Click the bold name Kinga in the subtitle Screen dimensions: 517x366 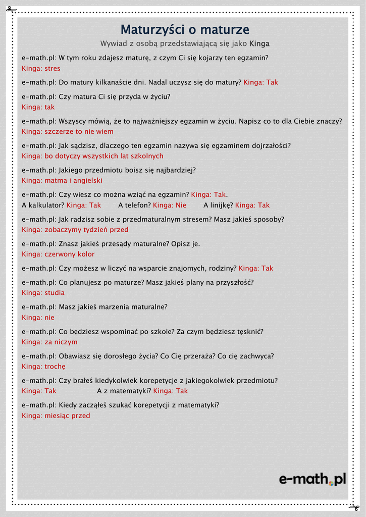(259, 43)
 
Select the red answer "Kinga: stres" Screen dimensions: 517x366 (41, 68)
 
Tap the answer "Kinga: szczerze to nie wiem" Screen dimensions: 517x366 (68, 131)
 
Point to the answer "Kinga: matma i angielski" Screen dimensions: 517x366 (62, 180)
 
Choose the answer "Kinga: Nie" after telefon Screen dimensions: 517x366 (170, 205)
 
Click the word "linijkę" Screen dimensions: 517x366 (221, 205)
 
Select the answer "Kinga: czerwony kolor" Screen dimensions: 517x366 (58, 254)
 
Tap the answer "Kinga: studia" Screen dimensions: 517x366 (43, 293)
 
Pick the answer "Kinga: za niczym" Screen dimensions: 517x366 (49, 342)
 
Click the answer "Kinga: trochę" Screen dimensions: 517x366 (43, 366)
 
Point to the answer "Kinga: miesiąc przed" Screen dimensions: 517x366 (56, 416)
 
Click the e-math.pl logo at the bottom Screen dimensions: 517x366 (312, 479)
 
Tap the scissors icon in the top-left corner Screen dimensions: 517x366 (9, 9)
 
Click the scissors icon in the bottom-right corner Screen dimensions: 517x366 (356, 507)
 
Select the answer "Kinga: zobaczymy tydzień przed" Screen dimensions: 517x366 (75, 229)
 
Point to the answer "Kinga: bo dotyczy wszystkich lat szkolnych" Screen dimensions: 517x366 (92, 156)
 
